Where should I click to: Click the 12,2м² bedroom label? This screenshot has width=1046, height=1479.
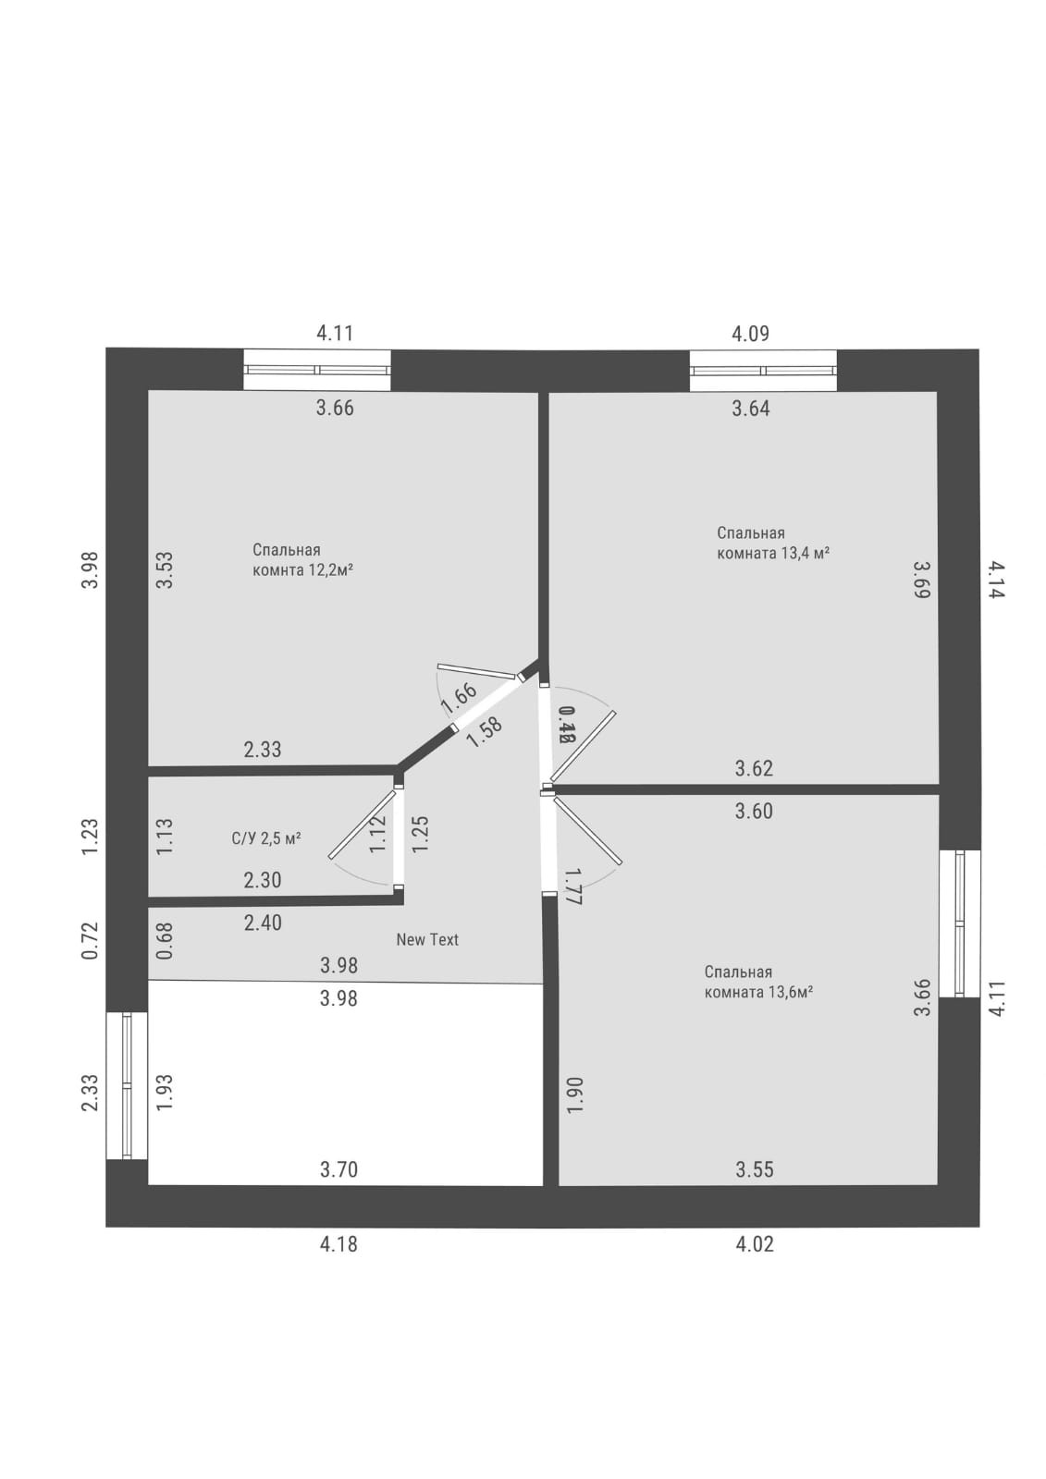tap(302, 560)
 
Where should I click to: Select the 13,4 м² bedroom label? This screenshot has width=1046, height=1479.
tap(772, 543)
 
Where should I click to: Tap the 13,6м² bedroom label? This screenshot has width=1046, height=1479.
tap(758, 982)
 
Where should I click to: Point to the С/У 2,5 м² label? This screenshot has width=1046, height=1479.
tap(266, 838)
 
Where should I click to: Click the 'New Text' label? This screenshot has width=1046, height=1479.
tap(427, 939)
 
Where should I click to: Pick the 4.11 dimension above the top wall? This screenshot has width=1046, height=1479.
tap(335, 333)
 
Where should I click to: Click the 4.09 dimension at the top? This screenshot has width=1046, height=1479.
tap(750, 333)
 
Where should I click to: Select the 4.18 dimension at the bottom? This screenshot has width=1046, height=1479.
tap(338, 1244)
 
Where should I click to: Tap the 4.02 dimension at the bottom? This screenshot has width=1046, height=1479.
tap(755, 1244)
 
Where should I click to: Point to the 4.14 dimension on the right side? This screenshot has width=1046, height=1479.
tap(995, 580)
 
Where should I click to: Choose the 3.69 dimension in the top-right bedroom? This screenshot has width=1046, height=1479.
tap(921, 580)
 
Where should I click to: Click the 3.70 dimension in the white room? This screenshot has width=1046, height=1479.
tap(338, 1169)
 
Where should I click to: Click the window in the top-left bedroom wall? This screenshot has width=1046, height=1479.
tap(316, 370)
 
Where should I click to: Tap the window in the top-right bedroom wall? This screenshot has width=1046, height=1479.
tap(763, 371)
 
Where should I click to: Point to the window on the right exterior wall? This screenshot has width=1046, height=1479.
tap(959, 923)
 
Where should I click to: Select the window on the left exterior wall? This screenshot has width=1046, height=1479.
tap(128, 1085)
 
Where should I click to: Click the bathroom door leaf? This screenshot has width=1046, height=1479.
tap(362, 825)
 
